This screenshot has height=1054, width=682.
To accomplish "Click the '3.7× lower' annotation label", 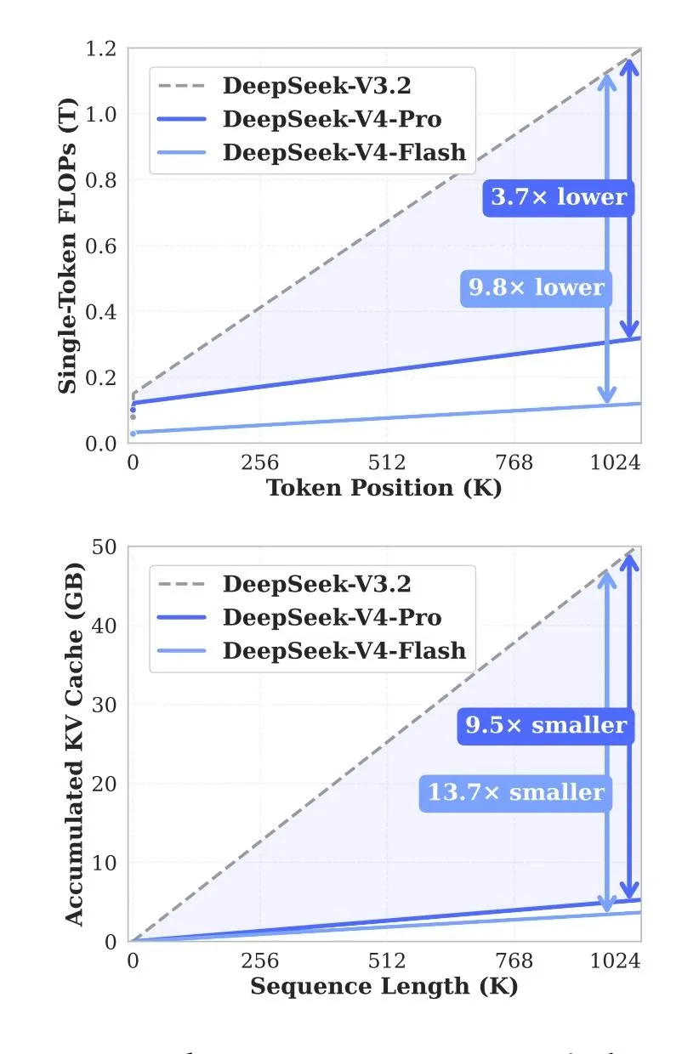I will (x=559, y=197).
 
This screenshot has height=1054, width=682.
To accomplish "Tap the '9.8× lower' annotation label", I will (x=537, y=287).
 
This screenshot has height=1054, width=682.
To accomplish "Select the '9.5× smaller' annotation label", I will (x=546, y=724).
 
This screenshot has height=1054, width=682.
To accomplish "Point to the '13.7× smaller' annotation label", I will (x=515, y=792).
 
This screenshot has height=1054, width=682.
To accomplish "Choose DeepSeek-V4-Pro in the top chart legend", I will (x=332, y=119).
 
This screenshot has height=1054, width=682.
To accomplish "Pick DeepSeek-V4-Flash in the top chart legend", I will (x=344, y=152).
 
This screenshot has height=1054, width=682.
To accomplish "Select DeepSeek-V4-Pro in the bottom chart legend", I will (x=332, y=618).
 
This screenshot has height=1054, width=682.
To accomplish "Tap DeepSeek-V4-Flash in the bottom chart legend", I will (x=344, y=651).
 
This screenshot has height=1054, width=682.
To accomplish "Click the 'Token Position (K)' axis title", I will (x=384, y=488).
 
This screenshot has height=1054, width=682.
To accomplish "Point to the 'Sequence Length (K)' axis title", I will (x=384, y=986).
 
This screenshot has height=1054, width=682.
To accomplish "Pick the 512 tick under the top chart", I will (x=387, y=462).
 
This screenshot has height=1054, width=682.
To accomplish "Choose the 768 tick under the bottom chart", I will (x=514, y=961).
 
